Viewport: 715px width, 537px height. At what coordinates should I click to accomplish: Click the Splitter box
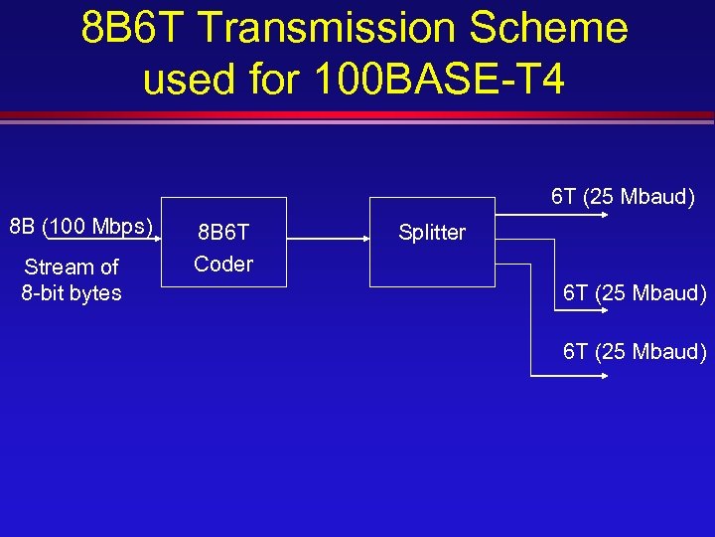(x=432, y=243)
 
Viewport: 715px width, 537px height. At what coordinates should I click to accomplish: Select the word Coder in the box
(x=223, y=265)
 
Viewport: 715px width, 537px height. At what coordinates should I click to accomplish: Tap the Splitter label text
(x=432, y=233)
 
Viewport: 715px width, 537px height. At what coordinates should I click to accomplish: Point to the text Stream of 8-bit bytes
(x=71, y=279)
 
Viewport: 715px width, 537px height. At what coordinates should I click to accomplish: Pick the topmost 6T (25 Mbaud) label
(x=623, y=196)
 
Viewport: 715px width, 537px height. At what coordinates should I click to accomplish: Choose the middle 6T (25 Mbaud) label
(x=635, y=292)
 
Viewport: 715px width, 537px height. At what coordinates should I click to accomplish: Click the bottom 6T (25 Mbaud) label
(x=635, y=351)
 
